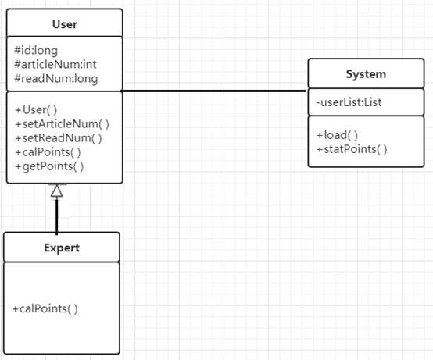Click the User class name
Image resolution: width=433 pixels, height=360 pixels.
pos(65,24)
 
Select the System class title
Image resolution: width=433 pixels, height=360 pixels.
pos(366,74)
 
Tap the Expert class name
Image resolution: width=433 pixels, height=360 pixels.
pos(62,248)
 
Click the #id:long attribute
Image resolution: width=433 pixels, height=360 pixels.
pos(36,51)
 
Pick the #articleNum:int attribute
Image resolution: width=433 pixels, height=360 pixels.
pos(55,65)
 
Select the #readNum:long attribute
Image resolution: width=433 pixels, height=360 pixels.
pos(56,79)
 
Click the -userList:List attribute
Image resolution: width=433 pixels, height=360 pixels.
pos(349,102)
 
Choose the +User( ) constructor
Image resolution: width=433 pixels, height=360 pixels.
pos(36,110)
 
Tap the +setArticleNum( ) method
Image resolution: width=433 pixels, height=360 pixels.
pos(62,124)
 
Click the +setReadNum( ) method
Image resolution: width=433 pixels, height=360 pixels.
pos(59,138)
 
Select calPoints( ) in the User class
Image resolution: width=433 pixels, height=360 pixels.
pos(48,152)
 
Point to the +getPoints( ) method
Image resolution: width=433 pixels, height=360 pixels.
pos(49,166)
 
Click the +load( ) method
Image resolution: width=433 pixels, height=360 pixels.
pos(337,135)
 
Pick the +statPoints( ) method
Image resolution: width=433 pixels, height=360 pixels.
pos(352,149)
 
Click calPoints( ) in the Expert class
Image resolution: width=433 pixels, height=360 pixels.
pos(45,308)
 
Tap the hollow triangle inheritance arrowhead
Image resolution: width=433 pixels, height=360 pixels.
pos(56,191)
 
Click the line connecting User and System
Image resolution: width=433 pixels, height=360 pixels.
pos(214,91)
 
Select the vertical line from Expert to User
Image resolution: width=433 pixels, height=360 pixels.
pos(56,216)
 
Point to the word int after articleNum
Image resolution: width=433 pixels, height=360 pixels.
pos(90,65)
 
